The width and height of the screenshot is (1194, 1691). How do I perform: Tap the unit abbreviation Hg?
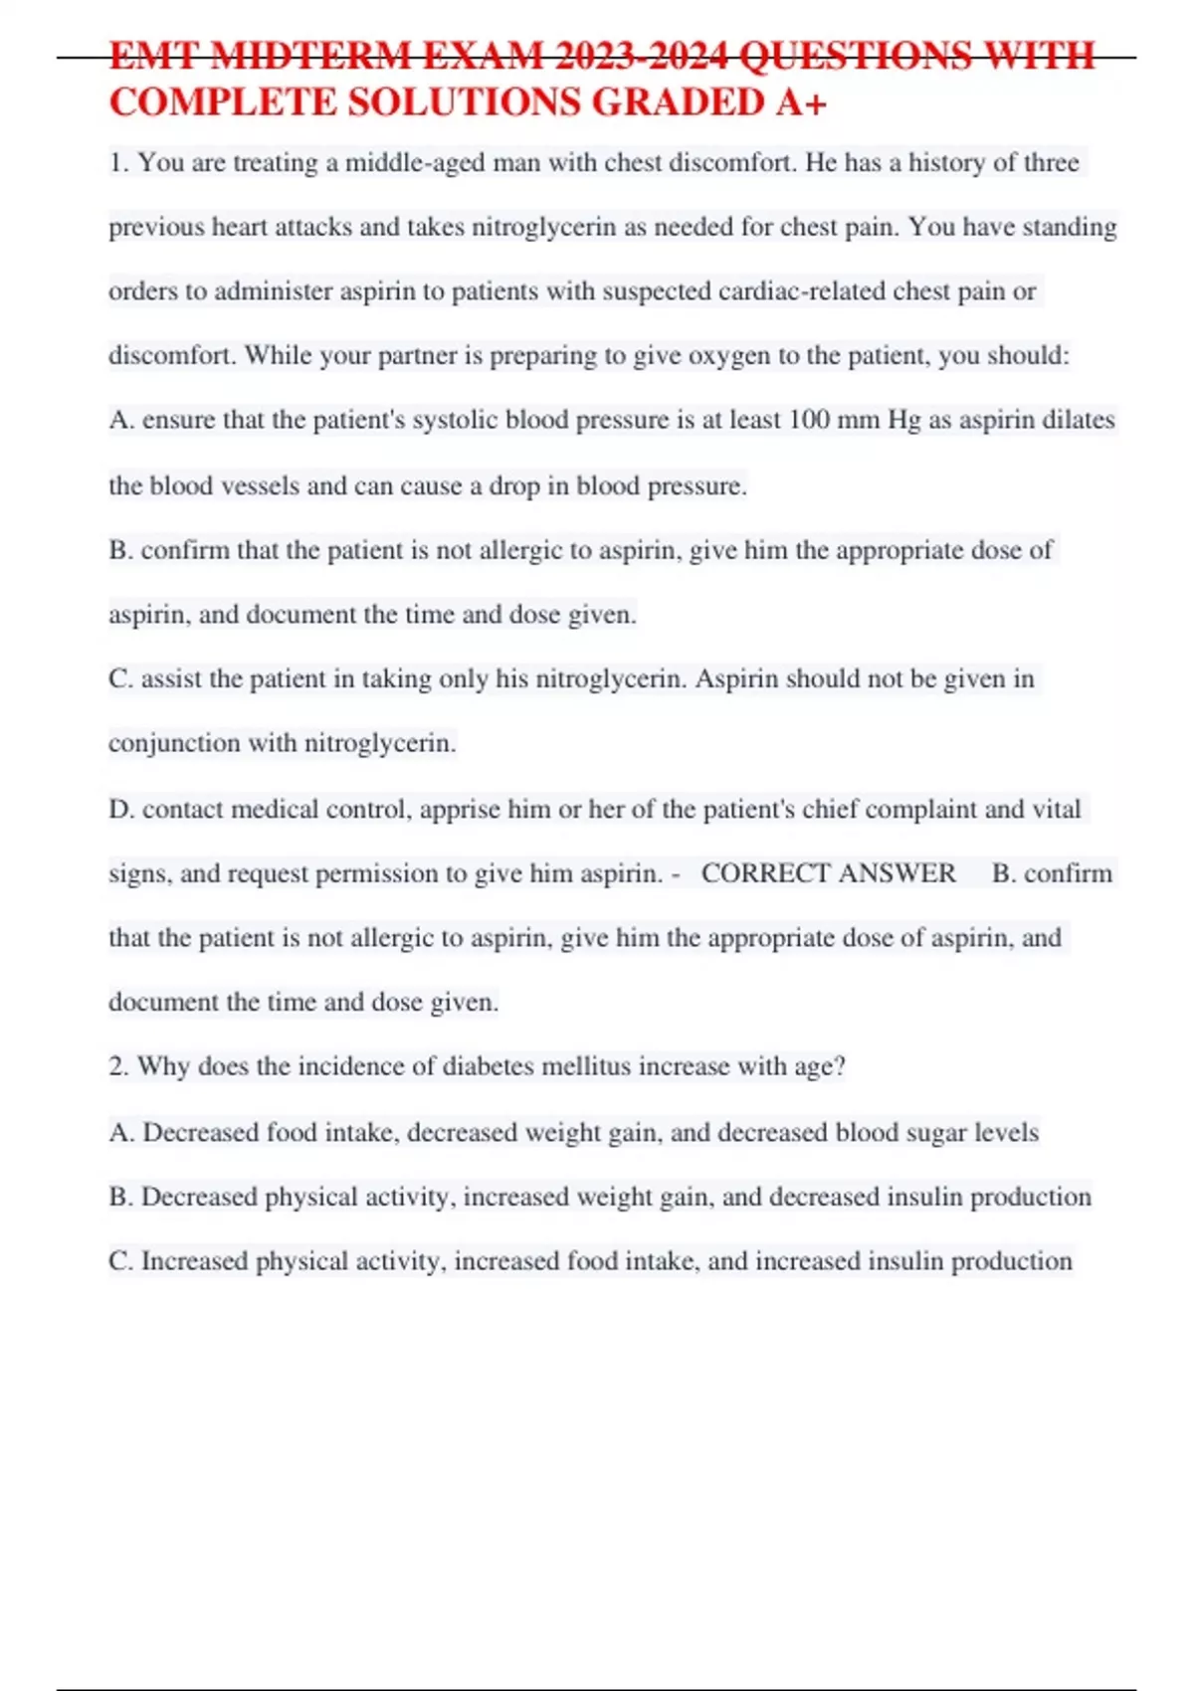(903, 420)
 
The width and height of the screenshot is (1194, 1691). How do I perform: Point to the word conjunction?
(174, 743)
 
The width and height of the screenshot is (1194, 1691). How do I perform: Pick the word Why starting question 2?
(163, 1066)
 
